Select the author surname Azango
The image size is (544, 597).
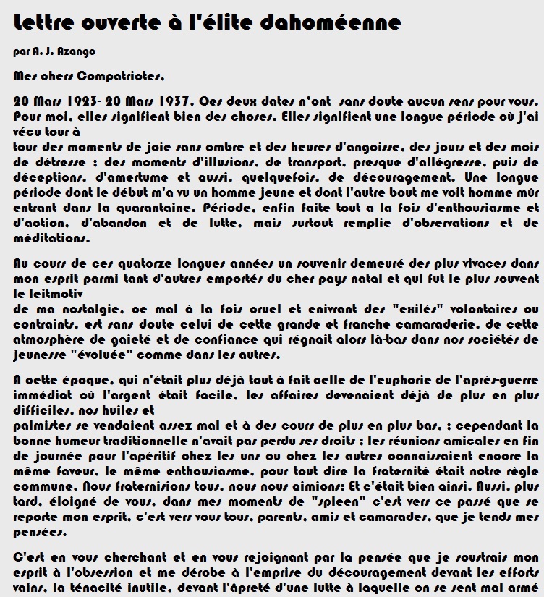[78, 52]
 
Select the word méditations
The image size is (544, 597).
[51, 236]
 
